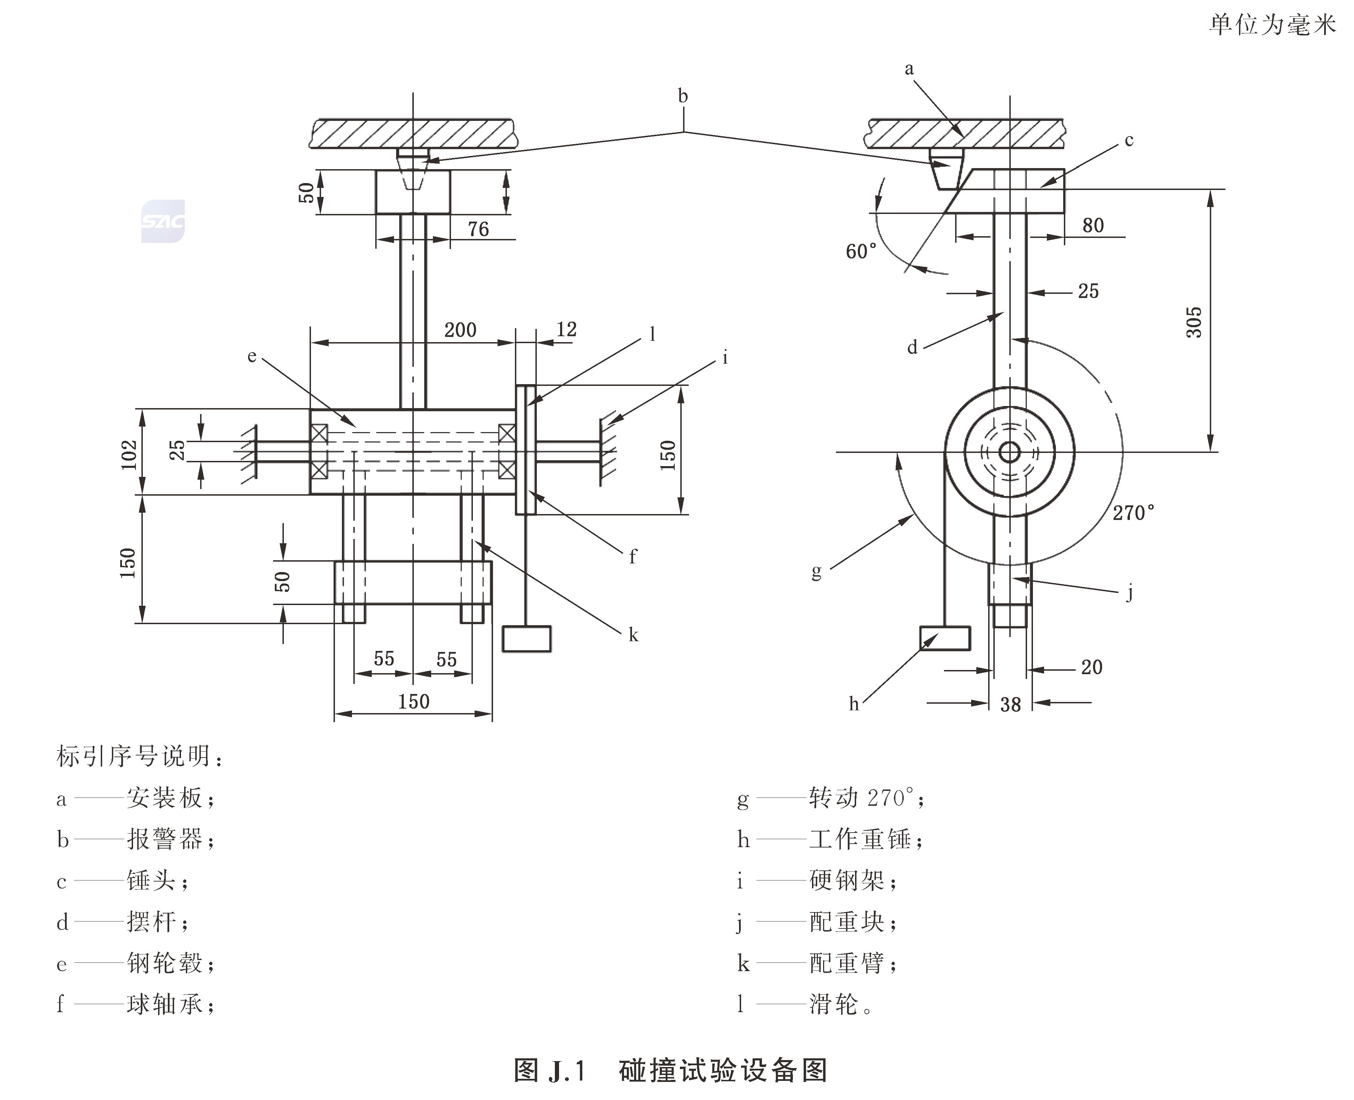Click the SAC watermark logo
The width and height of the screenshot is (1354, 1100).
[163, 221]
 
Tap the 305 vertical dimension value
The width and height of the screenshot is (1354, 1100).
[1193, 322]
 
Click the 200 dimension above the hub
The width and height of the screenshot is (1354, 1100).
[460, 330]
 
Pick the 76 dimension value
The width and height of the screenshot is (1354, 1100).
[478, 229]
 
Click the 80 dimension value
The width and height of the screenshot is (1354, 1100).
[1093, 225]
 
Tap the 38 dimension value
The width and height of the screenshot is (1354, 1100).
[1010, 704]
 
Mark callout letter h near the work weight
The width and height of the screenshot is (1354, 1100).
[854, 703]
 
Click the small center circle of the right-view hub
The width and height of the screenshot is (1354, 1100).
[1009, 452]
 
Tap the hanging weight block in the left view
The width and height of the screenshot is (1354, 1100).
[526, 639]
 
